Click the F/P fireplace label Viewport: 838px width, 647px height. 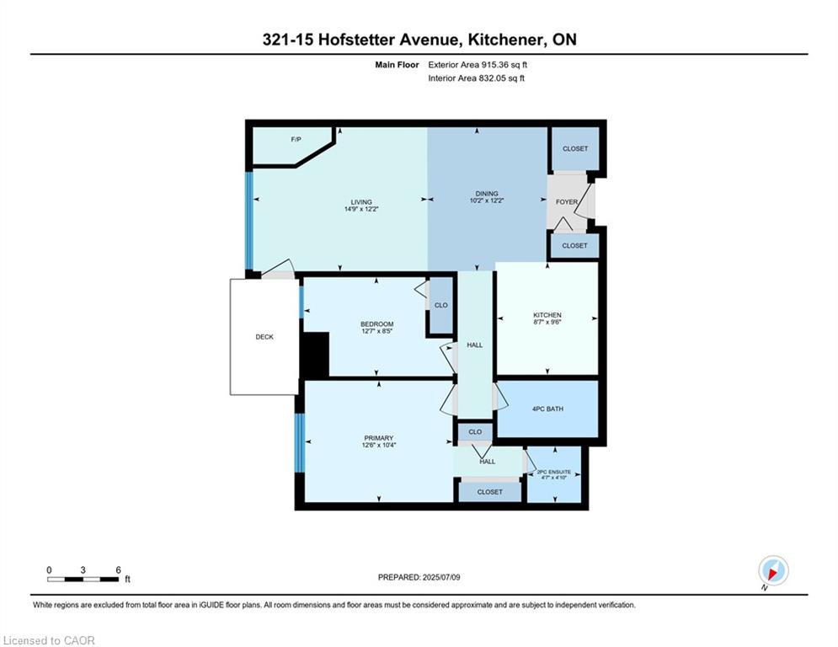296,139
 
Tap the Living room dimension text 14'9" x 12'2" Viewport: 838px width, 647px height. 361,210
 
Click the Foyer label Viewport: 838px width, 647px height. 567,202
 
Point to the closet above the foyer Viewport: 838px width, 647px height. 575,149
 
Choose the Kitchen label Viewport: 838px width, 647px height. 547,315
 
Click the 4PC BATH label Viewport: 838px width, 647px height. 547,409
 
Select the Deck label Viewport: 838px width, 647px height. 264,337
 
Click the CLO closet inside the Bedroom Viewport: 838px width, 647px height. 440,306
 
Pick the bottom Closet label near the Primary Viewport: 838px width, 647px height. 489,492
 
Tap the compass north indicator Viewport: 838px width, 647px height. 772,571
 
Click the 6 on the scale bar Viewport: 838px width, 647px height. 118,569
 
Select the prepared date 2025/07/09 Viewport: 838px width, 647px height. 419,577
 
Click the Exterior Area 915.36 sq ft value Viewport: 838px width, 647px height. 478,65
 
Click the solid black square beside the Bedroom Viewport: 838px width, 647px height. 315,355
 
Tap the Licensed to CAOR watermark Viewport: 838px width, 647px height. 50,640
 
